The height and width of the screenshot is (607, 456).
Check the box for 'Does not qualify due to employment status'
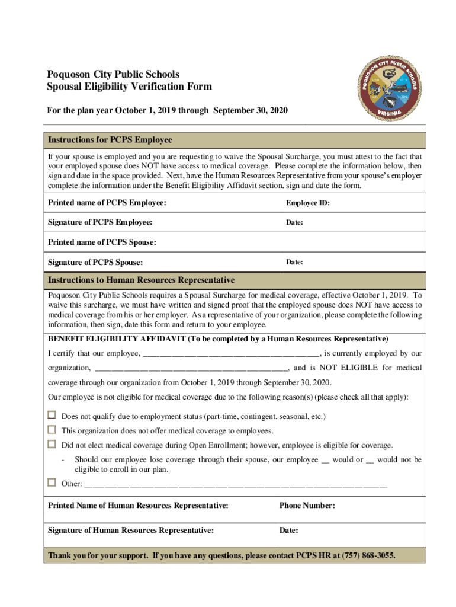click(52, 416)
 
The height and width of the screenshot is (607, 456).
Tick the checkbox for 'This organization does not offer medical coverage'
click(52, 430)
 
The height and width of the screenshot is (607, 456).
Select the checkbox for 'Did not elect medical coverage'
click(52, 445)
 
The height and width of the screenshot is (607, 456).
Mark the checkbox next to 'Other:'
click(52, 483)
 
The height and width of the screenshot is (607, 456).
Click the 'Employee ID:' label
click(308, 203)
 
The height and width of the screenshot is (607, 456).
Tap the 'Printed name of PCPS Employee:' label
click(107, 203)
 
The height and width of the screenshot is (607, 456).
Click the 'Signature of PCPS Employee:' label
click(100, 222)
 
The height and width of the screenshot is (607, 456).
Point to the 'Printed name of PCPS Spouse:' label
click(102, 242)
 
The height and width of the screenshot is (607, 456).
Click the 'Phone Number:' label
click(307, 506)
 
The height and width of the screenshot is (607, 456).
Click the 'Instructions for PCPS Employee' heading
click(110, 140)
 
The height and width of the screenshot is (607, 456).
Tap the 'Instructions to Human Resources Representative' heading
click(141, 280)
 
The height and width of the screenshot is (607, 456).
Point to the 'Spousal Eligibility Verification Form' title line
click(130, 87)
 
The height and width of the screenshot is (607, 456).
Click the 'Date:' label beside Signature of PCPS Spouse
click(294, 262)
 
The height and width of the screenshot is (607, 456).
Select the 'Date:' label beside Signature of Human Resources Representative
click(288, 530)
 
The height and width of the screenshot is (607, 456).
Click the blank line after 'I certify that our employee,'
click(231, 354)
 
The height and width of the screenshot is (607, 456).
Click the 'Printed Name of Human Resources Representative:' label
click(138, 506)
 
